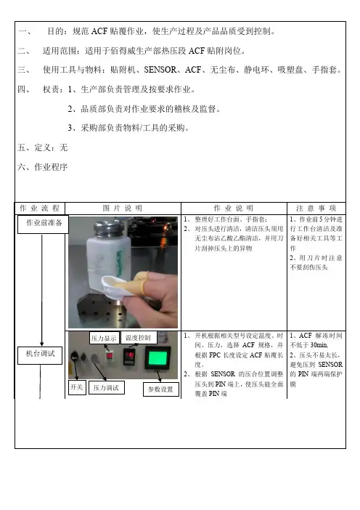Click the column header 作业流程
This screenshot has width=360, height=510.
click(x=40, y=209)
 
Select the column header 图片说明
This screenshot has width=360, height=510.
click(x=123, y=209)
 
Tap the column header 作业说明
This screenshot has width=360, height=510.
click(x=233, y=209)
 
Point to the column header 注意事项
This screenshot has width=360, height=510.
click(x=316, y=209)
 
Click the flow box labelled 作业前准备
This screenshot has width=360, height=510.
click(x=43, y=224)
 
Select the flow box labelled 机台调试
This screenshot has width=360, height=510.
click(x=40, y=355)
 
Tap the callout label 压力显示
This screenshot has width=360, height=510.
click(x=105, y=339)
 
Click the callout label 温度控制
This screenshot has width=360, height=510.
click(x=139, y=338)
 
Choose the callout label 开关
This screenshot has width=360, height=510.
click(x=77, y=387)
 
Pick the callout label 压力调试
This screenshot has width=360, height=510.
click(x=106, y=388)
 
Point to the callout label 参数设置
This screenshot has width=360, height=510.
click(x=161, y=389)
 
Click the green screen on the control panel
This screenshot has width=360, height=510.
click(x=157, y=358)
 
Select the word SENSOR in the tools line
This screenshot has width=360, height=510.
click(x=160, y=70)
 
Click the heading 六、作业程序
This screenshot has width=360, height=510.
click(x=42, y=167)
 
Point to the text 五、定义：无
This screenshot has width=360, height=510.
click(x=42, y=147)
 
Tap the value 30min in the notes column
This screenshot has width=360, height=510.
click(x=319, y=345)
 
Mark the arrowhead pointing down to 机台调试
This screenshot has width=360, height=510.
click(x=41, y=344)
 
